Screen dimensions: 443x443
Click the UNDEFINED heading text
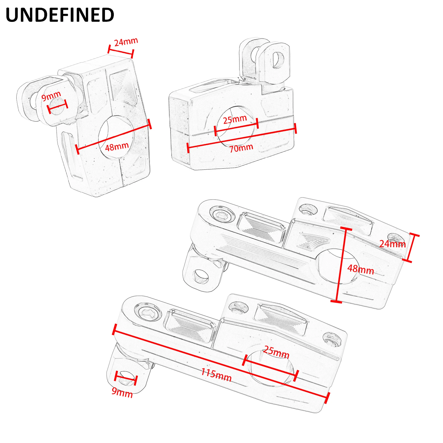60,15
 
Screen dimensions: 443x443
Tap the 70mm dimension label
241,148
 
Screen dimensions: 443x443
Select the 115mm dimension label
216,375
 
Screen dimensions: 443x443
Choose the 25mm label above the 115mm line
276,352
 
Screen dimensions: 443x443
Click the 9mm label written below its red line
122,392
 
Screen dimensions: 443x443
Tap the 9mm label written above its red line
51,96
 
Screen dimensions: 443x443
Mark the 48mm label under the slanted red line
117,146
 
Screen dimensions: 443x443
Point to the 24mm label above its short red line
126,42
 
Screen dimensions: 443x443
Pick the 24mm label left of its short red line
392,244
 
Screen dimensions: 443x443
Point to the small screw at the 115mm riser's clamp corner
332,339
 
